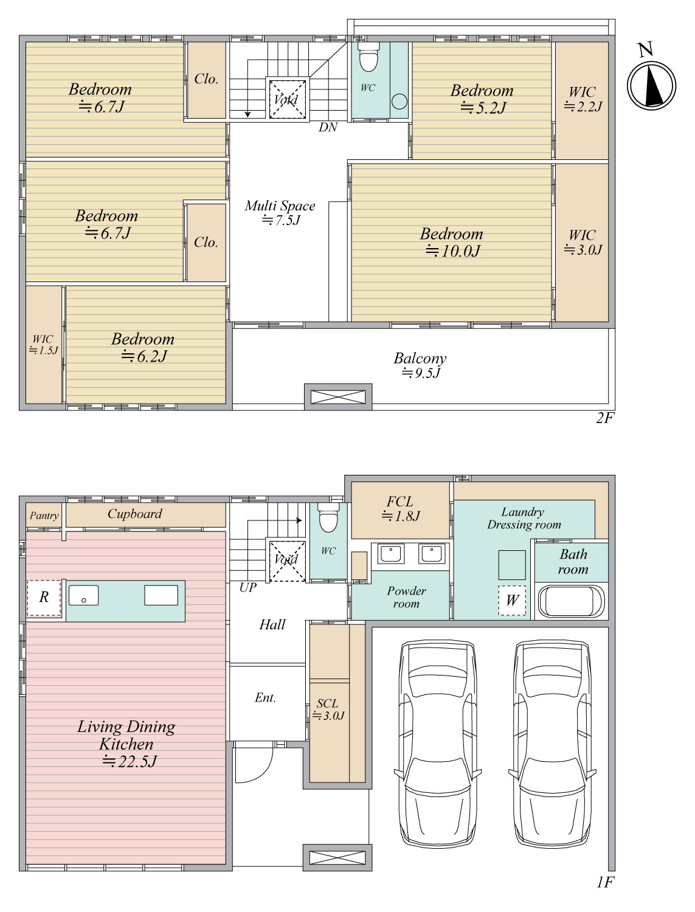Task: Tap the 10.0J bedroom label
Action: pos(452,243)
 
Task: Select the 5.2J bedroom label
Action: pos(482,99)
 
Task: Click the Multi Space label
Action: pos(280,212)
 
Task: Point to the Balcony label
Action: pos(420,365)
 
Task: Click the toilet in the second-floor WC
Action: pos(368,57)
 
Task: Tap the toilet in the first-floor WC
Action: pos(328,517)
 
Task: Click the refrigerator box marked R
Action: pos(44,598)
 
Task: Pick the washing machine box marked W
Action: pos(512,600)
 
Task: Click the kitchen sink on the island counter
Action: pos(83,595)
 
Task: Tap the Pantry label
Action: pos(44,516)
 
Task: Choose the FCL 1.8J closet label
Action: pos(401,508)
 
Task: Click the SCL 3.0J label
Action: pos(328,710)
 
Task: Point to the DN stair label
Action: pos(328,127)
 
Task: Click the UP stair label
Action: pos(247,587)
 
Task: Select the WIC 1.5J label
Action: pos(43,345)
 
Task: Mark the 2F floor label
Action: pos(604,418)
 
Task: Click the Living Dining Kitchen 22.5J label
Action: pos(126,744)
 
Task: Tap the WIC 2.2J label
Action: pos(583,99)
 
